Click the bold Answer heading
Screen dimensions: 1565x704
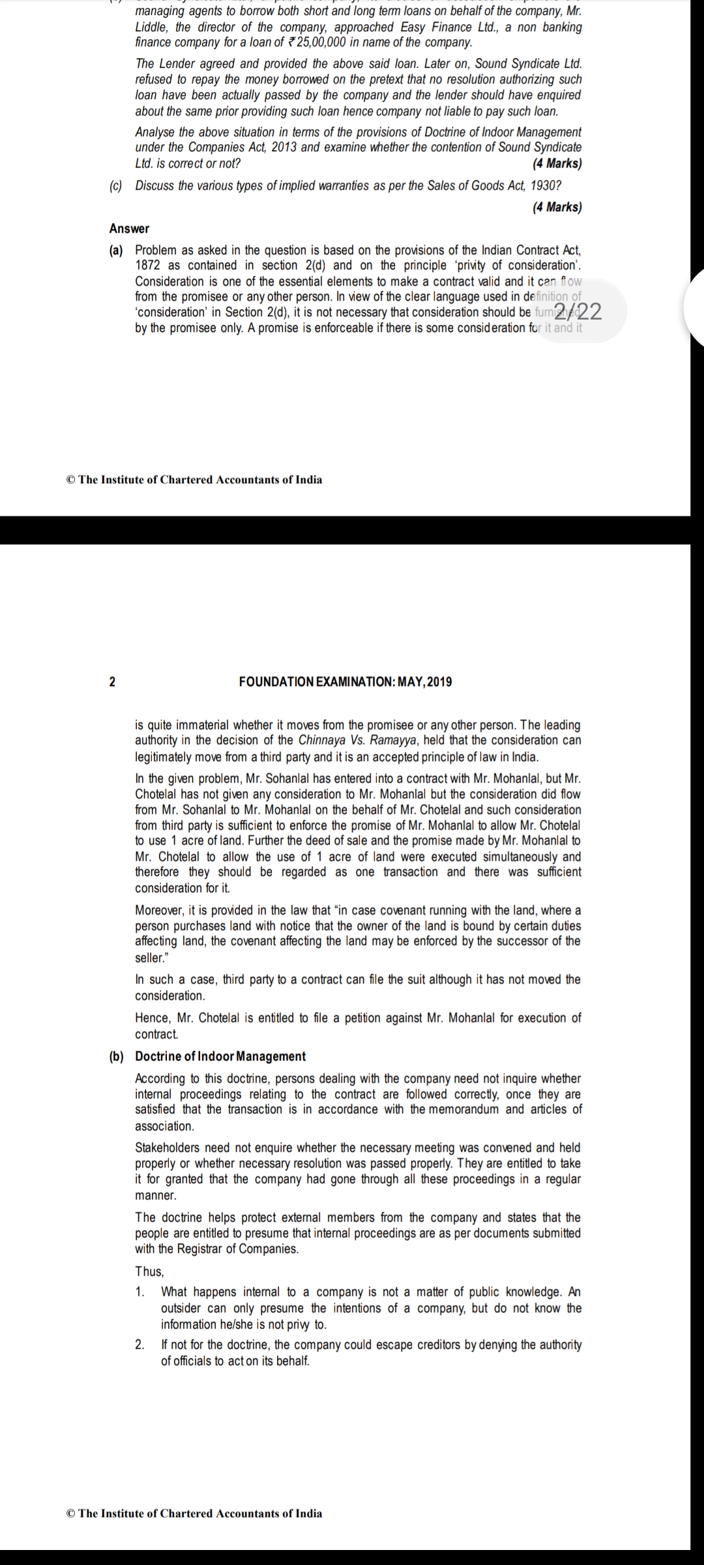coord(129,229)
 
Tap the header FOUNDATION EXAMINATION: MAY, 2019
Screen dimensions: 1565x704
coord(345,682)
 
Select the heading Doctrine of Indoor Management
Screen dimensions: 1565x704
coord(220,1056)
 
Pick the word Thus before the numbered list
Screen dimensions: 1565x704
coord(149,1271)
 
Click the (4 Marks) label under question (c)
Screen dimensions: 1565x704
coord(557,207)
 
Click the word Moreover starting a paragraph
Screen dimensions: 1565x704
coord(161,910)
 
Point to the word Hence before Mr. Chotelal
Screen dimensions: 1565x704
coord(151,1018)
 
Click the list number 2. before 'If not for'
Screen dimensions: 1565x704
coord(140,1345)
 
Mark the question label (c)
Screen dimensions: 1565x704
coord(116,186)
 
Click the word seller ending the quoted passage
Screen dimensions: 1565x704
coord(149,958)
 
